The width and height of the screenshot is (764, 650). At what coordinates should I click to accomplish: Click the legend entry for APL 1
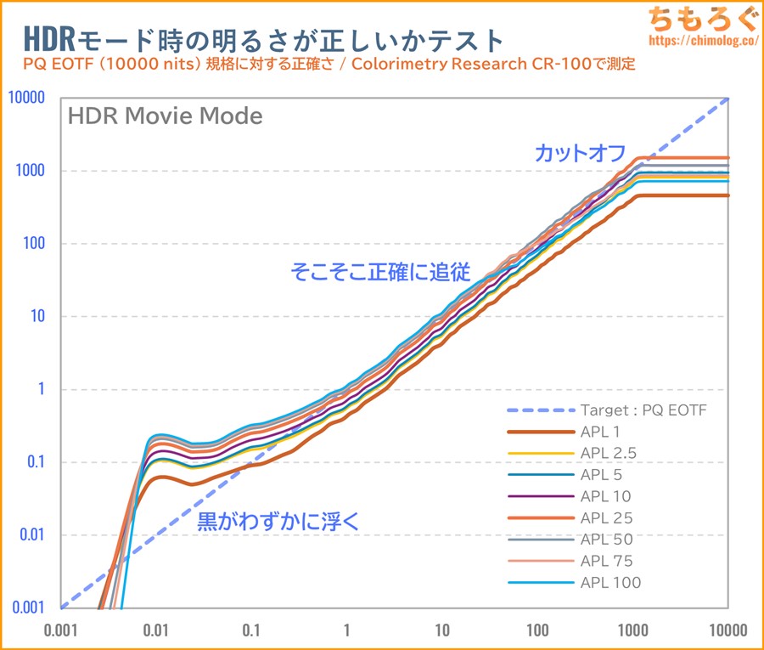click(601, 432)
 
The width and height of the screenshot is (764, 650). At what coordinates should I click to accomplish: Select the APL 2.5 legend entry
click(609, 453)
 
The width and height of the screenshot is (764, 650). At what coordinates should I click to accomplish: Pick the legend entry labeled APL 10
click(606, 496)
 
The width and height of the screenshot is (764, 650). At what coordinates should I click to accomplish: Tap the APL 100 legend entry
click(610, 582)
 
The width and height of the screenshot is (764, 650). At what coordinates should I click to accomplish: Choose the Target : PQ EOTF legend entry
click(643, 410)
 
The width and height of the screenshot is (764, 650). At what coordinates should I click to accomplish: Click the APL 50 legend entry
click(606, 539)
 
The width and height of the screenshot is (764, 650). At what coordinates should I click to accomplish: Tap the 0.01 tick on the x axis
click(155, 630)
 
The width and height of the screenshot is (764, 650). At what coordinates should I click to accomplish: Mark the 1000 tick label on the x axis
click(632, 630)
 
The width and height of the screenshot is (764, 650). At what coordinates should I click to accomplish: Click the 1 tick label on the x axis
click(346, 630)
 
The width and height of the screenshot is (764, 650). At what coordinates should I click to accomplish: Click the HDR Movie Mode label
click(165, 116)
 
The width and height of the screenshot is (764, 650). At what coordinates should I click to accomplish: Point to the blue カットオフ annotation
click(580, 153)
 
